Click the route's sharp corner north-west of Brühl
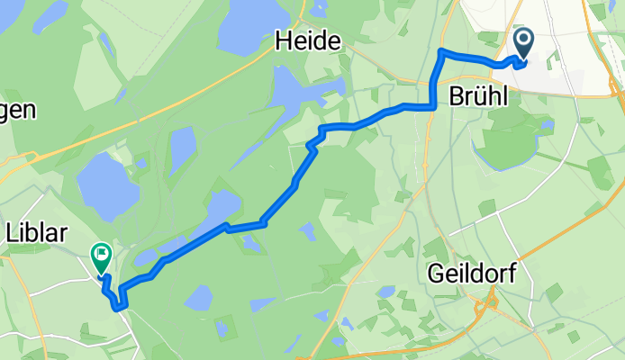point(440,51)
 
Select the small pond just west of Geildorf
point(387,292)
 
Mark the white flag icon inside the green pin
point(101,256)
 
